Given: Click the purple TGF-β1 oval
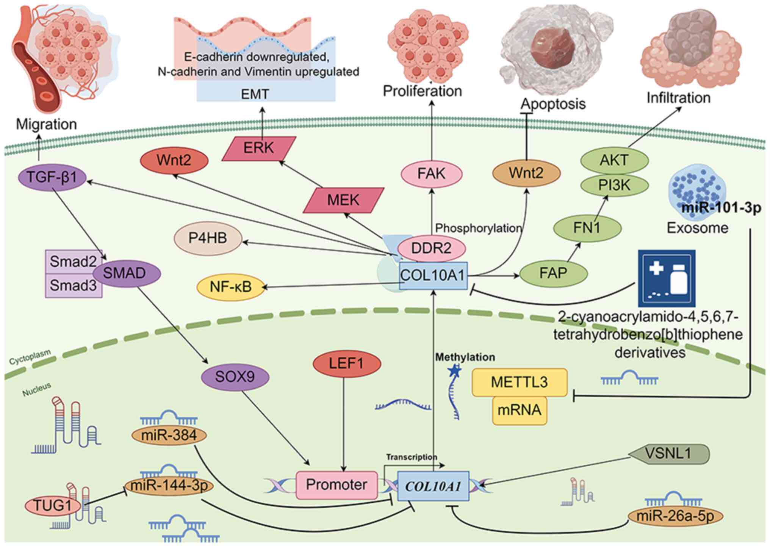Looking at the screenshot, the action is point(52,177).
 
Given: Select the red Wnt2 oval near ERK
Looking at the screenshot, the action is point(174,161).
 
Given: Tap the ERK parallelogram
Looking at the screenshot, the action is point(258,148).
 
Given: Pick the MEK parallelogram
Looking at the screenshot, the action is point(343,200).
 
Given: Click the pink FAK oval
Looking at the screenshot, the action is point(432,174).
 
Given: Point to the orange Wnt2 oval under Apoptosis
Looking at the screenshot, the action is point(526,173).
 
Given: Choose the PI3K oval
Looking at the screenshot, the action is point(614,185).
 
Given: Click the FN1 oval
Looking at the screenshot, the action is point(587,228).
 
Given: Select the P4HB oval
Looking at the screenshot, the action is point(208,238).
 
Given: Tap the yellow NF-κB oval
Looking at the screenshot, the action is point(231,287).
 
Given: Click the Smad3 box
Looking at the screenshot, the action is point(74,285).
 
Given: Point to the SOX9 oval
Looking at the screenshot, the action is point(235,377).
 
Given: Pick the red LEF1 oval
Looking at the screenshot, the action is point(347,364).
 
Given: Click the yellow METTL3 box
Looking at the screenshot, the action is point(520,382).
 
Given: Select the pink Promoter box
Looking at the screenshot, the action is point(337,485).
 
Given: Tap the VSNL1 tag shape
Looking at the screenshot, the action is point(669,454).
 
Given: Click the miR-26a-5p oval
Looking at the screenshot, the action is point(675,516).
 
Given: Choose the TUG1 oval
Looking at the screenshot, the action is point(53,505).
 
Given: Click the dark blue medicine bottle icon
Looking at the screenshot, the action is point(667,278).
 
